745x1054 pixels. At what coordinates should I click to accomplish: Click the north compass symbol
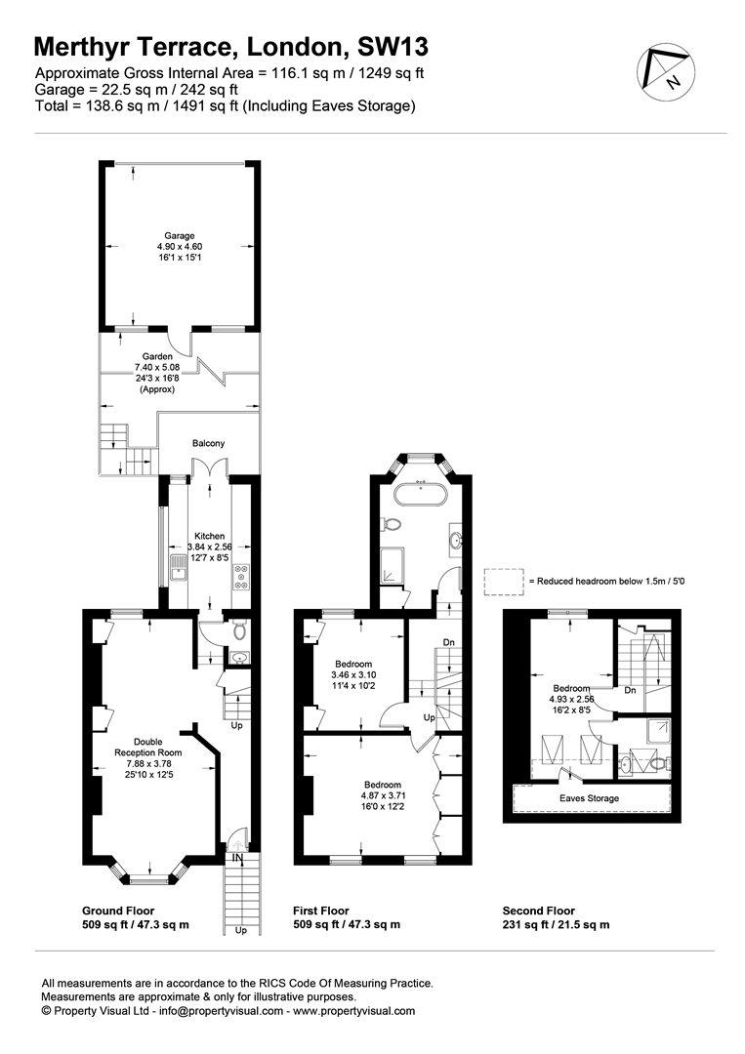[666, 72]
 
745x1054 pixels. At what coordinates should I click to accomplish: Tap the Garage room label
[180, 236]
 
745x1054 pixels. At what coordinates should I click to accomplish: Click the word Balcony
[208, 444]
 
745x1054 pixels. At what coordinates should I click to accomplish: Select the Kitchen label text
[209, 536]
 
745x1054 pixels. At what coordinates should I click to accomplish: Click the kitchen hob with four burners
[241, 578]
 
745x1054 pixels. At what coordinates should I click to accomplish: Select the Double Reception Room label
[147, 748]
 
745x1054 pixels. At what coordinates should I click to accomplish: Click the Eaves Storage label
[589, 798]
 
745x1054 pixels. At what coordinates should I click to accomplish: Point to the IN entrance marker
[237, 859]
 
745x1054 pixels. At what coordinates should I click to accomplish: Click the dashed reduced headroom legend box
[504, 582]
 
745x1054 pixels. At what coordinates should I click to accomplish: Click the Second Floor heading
[539, 911]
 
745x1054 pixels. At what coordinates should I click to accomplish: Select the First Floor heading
[320, 911]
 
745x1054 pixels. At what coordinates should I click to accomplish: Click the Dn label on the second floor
[630, 690]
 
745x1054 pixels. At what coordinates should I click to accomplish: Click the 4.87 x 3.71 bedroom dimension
[383, 795]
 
